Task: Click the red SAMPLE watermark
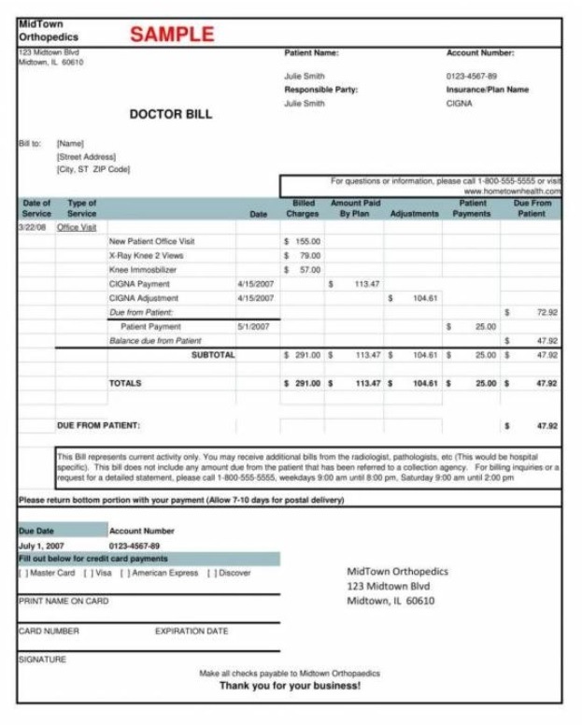coord(172,35)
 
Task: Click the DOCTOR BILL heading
coord(170,115)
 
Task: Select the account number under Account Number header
coord(472,77)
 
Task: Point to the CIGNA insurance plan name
coord(459,104)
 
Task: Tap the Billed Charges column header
coord(303,207)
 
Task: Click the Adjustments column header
coord(414,213)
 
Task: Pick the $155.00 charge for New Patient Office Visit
coord(303,241)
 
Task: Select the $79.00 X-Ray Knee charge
coord(305,255)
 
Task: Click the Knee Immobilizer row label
coord(142,269)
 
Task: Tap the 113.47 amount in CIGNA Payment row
coord(365,283)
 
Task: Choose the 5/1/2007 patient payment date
coord(253,326)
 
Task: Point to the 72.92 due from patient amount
coord(547,312)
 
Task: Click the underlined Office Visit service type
coord(77,227)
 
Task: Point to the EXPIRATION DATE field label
coord(192,631)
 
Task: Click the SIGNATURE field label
coord(42,659)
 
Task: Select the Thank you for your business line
coord(290,686)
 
